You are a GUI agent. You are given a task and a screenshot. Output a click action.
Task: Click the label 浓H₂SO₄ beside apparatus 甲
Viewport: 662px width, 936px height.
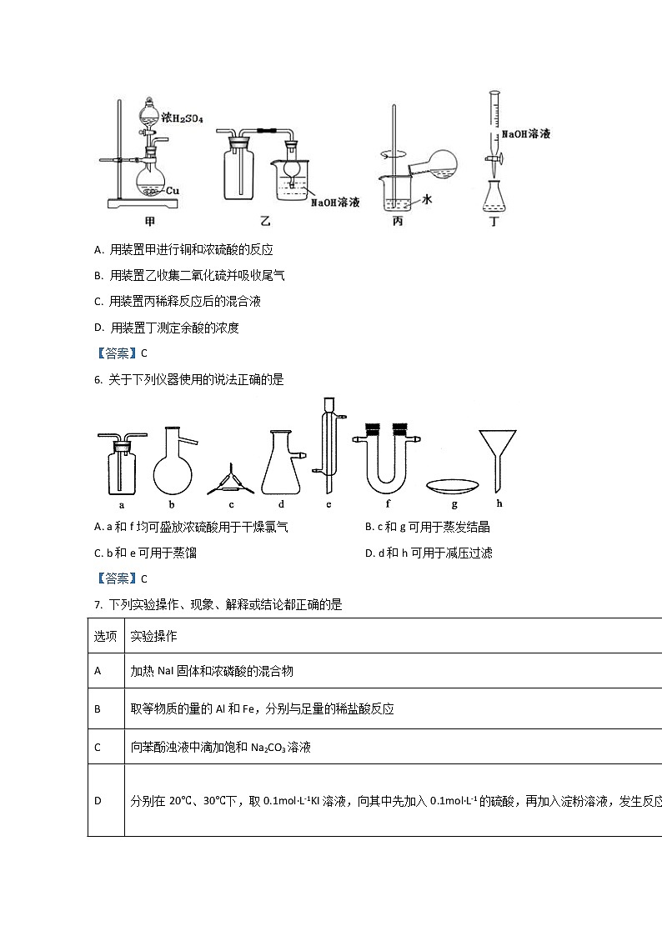[x=182, y=119]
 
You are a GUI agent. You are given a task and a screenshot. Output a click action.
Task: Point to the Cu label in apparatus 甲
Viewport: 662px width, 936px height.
[x=173, y=191]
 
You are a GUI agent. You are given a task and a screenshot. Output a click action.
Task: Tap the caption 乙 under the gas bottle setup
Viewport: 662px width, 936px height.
[x=265, y=222]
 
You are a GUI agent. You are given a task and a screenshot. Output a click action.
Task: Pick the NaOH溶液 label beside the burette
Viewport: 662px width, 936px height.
[x=525, y=133]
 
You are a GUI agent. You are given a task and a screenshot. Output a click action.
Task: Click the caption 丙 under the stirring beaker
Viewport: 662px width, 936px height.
[x=397, y=223]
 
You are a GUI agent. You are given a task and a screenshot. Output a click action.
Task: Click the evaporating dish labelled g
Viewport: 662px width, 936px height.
[x=454, y=485]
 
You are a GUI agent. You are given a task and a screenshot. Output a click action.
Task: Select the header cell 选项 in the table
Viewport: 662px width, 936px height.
[x=105, y=636]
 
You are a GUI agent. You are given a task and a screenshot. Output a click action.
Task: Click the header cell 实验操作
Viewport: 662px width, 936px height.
[x=153, y=636]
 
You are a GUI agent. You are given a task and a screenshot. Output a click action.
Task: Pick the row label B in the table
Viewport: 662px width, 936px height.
[x=98, y=708]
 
